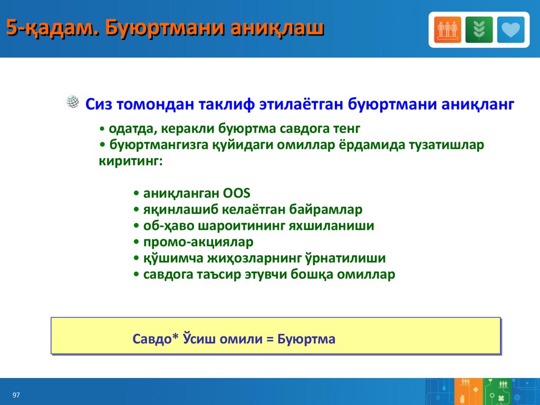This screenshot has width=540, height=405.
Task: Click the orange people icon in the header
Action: click(x=447, y=30)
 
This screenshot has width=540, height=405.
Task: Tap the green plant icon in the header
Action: click(x=479, y=30)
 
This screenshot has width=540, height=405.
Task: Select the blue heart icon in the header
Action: click(x=510, y=30)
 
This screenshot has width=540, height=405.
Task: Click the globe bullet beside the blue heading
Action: click(x=73, y=102)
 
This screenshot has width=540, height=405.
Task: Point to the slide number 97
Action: click(x=16, y=395)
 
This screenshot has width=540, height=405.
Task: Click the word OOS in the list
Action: click(x=236, y=193)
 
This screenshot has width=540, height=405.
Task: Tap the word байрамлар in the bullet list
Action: click(x=325, y=209)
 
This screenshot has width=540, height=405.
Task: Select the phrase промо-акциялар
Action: click(x=198, y=242)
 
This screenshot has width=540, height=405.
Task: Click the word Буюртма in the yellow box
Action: click(x=306, y=339)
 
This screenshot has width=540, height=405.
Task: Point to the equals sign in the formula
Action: click(x=270, y=339)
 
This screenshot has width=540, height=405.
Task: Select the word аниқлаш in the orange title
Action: click(x=277, y=28)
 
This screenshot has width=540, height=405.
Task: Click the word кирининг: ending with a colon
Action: click(x=131, y=161)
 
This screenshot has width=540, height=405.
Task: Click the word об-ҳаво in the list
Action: click(x=169, y=226)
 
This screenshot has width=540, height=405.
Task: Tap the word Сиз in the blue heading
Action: click(x=99, y=104)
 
